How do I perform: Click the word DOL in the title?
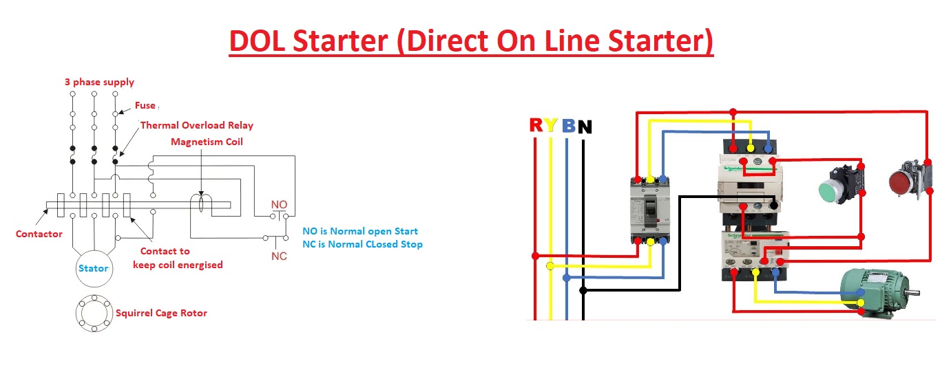[x=258, y=42]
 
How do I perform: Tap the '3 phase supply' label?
[x=99, y=82]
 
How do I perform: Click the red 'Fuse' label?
[x=145, y=105]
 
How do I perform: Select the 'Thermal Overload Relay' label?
[x=196, y=125]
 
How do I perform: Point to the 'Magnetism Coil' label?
[x=207, y=142]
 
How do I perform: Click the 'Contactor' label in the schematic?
[x=39, y=234]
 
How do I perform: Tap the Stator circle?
[x=94, y=268]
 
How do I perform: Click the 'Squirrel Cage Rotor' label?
[x=161, y=313]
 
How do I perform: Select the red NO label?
[x=279, y=205]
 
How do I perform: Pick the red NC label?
[x=279, y=256]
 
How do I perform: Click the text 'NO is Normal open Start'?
[x=360, y=231]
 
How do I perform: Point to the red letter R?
[x=536, y=125]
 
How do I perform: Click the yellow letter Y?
[x=551, y=125]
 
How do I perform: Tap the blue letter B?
[x=568, y=126]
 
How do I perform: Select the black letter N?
[x=585, y=127]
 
